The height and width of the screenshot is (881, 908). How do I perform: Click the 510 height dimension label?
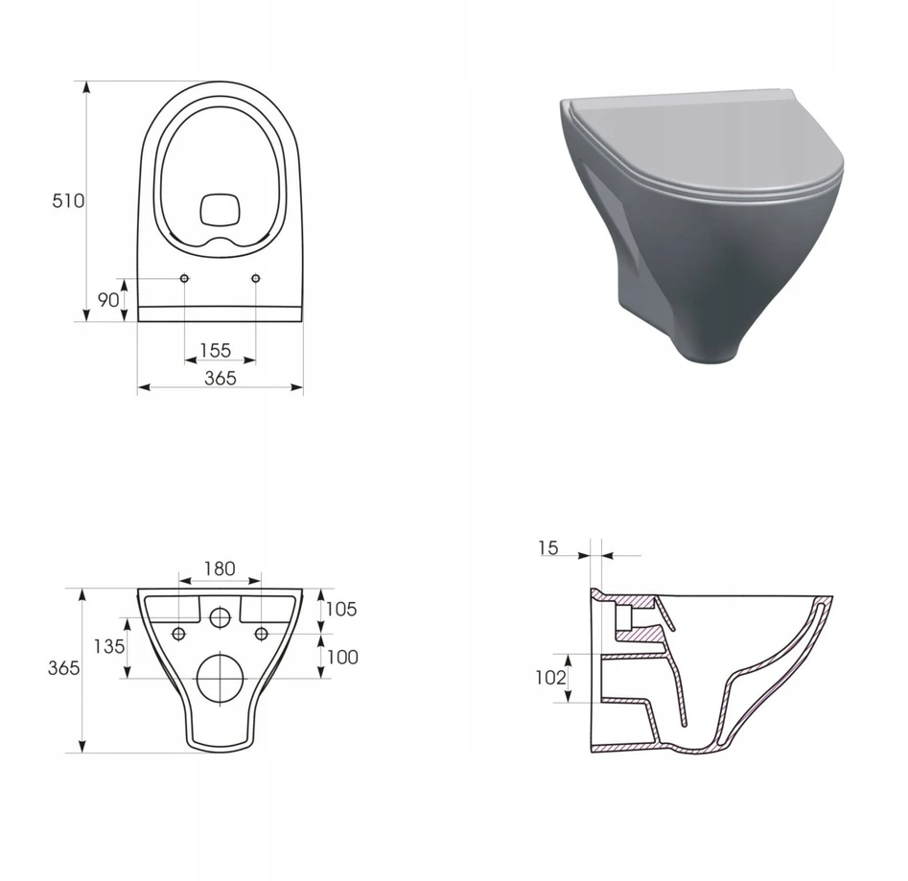68,201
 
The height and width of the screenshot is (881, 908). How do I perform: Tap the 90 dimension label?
108,300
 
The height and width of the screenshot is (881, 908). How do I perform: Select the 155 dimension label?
216,350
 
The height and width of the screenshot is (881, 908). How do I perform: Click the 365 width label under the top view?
221,378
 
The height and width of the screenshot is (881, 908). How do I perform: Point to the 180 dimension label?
220,568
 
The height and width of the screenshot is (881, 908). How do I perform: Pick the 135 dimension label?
109,646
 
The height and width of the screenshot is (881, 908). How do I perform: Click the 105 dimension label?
341,609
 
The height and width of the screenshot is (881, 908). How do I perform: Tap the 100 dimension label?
342,657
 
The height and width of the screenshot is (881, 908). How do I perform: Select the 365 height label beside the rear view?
63,668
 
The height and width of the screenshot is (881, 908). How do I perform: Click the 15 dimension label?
547,547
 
